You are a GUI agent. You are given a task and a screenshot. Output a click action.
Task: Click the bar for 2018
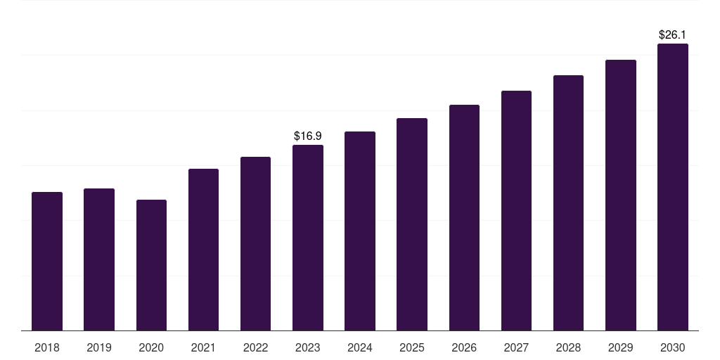47,261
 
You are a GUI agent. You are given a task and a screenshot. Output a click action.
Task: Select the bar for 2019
99,259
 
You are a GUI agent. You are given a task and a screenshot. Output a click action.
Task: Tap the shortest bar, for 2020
151,265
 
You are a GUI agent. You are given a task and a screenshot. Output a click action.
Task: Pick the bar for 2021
203,250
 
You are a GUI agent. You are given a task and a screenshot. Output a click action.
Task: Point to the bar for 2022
255,243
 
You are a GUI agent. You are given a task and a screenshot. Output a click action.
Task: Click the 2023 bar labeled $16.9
308,238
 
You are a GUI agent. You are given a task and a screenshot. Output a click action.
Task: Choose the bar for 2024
360,231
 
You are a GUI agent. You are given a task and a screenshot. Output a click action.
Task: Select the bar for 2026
464,217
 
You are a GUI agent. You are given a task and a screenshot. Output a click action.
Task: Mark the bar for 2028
568,202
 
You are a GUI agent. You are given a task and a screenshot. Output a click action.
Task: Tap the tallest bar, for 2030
673,187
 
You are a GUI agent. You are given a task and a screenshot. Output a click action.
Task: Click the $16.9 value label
308,136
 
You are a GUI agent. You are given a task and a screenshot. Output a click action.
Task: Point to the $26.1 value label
673,34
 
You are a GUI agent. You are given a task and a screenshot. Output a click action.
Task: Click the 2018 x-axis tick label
47,347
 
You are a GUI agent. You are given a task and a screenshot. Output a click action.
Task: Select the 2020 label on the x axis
151,347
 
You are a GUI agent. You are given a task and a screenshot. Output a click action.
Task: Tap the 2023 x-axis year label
308,347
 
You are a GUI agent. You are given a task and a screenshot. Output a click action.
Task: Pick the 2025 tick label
412,347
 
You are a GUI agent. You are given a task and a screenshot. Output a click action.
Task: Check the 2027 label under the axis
516,347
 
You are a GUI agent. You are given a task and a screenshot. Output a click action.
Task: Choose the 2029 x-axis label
621,347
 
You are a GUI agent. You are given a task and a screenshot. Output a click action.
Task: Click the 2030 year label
673,347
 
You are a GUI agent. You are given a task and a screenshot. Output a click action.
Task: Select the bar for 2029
621,195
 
